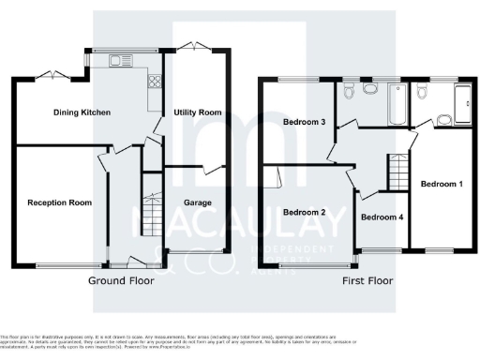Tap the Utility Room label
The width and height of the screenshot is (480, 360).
[198, 112]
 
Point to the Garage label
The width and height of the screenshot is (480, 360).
[197, 202]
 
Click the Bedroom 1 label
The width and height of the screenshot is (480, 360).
[441, 184]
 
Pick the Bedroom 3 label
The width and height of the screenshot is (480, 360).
[304, 123]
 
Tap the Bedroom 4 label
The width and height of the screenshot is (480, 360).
[382, 217]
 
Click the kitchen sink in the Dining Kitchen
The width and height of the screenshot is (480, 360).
[121, 62]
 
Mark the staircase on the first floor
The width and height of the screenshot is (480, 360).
[399, 172]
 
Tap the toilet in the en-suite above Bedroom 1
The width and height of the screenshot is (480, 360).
[422, 91]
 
